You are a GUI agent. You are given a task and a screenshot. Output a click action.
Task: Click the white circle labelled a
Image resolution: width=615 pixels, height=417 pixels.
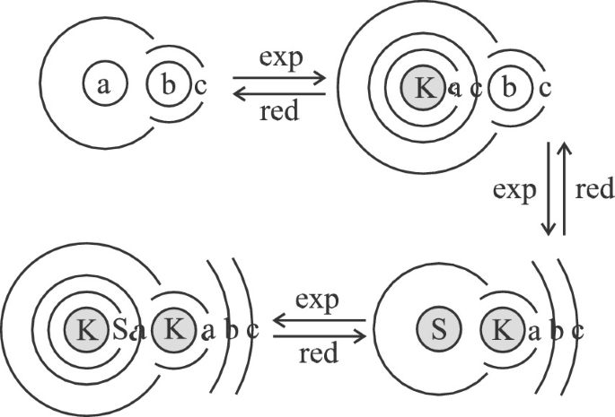point(104,85)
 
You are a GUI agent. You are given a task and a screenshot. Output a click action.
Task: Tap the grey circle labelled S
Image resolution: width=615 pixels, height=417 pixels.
point(440,330)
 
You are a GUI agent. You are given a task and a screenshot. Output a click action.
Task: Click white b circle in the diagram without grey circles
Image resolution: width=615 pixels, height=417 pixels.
point(168,85)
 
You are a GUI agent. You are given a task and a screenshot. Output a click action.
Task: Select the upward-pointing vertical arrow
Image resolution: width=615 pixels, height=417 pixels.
point(565,188)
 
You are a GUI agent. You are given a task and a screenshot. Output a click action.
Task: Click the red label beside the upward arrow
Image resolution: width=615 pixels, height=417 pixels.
point(594,189)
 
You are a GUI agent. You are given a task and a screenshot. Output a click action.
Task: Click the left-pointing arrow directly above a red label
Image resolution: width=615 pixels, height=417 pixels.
point(278,92)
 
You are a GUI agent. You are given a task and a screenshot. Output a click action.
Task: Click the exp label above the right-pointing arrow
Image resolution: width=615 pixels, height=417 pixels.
point(279,59)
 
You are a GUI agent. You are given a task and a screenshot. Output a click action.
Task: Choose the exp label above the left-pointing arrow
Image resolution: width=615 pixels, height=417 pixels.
point(319,300)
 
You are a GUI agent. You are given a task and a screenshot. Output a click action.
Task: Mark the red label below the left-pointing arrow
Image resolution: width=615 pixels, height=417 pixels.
point(279,111)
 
